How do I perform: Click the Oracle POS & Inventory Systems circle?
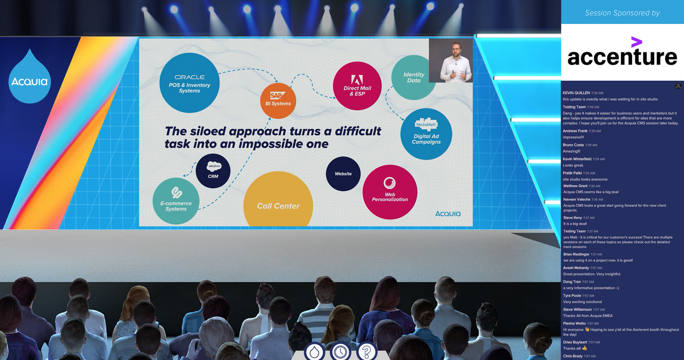tap(189, 83)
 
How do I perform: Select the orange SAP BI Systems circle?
tap(278, 100)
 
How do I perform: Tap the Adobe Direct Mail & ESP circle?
tap(357, 85)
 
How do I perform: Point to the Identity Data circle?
tap(413, 78)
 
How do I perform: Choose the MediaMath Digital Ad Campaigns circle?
tap(426, 134)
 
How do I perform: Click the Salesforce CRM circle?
tap(213, 171)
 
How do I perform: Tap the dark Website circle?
tap(343, 174)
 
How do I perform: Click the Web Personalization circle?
tap(390, 192)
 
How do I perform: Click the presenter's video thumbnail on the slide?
tap(451, 60)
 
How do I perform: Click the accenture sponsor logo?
tap(622, 52)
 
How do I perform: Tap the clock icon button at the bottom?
tap(340, 351)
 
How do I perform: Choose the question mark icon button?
tap(367, 351)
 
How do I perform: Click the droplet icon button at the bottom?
tap(314, 351)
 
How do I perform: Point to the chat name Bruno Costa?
tap(574, 145)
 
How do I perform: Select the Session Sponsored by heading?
tap(622, 13)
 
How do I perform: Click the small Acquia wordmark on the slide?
tap(447, 214)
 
